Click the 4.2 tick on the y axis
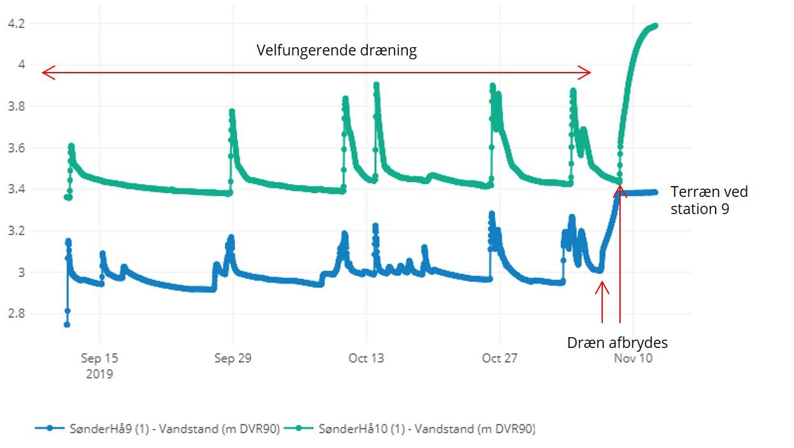click(15, 24)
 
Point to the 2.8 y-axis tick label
click(15, 314)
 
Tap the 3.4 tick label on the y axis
click(15, 189)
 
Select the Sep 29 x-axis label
click(233, 358)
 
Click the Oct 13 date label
click(366, 358)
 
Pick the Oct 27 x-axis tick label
click(500, 358)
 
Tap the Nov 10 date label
click(633, 358)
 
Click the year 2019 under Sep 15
click(99, 374)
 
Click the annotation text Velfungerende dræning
click(336, 51)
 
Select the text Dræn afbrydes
click(617, 343)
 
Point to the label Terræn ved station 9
click(709, 200)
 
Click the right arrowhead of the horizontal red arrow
click(588, 73)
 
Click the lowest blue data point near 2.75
click(67, 324)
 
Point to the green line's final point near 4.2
click(655, 25)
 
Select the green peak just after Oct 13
click(376, 85)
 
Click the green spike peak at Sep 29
click(232, 112)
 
